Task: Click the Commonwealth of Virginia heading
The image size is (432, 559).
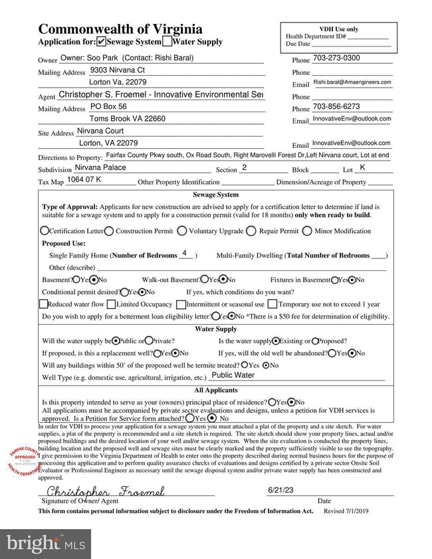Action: point(120,29)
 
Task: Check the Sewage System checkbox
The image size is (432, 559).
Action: point(101,42)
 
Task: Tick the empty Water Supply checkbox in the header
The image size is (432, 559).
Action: point(167,42)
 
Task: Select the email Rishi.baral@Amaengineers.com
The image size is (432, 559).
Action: point(352,82)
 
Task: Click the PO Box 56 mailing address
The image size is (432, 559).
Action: point(109,106)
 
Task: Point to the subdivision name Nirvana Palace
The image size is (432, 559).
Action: point(100,168)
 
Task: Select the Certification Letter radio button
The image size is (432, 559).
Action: point(45,231)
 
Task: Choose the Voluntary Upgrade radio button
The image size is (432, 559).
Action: point(181,231)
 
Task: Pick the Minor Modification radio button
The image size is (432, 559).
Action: point(307,231)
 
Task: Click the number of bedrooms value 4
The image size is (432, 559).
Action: point(185,254)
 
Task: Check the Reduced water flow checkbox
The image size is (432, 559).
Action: point(43,304)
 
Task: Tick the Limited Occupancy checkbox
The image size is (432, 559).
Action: point(111,304)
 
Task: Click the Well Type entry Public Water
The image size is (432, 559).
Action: point(233,375)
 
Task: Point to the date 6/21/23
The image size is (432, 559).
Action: point(280,490)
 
